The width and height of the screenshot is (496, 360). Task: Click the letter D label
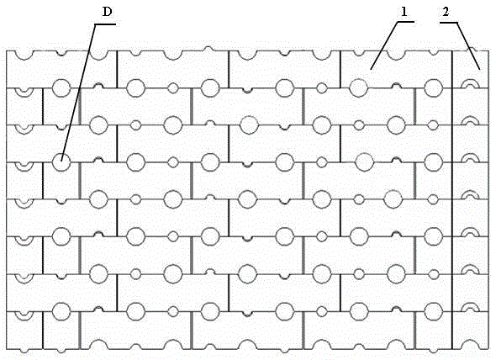click(108, 13)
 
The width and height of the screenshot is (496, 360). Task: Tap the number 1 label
click(404, 12)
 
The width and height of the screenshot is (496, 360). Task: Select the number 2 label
click(446, 12)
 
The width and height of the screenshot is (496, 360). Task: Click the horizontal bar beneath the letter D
click(105, 24)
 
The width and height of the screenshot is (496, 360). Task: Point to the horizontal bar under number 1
click(406, 22)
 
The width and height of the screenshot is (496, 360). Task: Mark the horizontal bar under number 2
click(448, 23)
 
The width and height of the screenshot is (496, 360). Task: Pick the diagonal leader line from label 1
click(384, 45)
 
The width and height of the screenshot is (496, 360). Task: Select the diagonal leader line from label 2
click(468, 46)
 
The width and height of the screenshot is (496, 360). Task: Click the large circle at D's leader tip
click(61, 162)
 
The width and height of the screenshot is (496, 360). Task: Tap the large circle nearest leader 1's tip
click(359, 87)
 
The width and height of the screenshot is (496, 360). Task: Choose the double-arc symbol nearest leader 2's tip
click(471, 83)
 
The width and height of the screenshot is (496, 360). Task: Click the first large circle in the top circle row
click(61, 87)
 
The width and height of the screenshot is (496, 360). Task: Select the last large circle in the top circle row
click(433, 87)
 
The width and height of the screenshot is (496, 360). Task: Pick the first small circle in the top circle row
click(172, 88)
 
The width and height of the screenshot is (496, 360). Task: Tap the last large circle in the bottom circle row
click(433, 311)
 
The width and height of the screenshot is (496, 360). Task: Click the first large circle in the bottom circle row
click(61, 311)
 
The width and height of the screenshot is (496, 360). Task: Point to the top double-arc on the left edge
click(24, 93)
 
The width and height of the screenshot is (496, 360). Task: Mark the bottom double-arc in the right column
click(471, 306)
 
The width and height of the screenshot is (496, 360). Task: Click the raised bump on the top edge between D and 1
click(208, 49)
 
